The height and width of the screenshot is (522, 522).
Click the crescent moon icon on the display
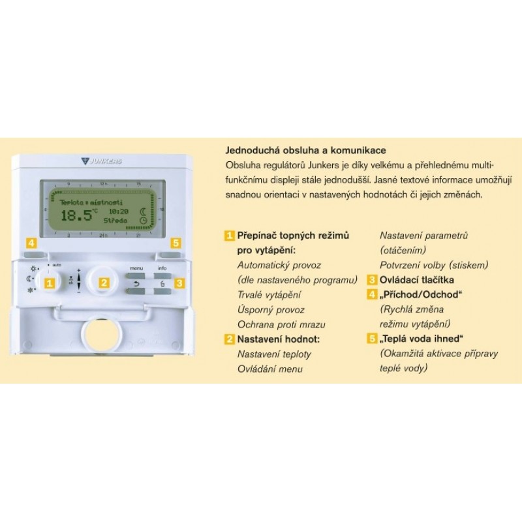click(143, 211)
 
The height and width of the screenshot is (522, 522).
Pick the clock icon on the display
click(143, 222)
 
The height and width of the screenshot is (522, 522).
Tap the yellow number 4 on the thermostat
click(31, 243)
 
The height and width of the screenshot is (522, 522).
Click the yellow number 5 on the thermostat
click(174, 243)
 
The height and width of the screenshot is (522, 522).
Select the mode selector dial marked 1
click(48, 283)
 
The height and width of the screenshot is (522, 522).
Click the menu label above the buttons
click(136, 268)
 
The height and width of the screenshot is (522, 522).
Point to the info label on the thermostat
click(162, 268)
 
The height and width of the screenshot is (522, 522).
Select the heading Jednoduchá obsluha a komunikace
click(305, 150)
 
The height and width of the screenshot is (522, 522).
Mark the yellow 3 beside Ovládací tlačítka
click(372, 281)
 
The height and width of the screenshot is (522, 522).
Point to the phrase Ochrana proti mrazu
click(281, 324)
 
